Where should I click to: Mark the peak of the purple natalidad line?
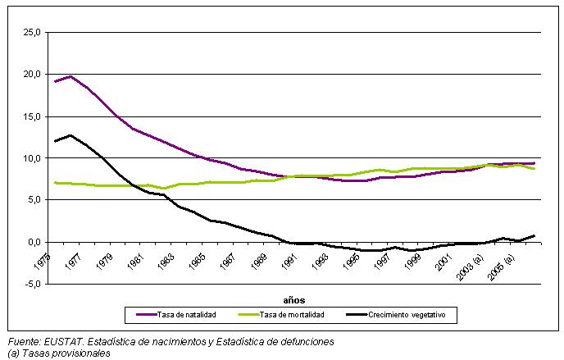[70, 76]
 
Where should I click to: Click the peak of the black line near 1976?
[70, 135]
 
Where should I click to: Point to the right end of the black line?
[534, 235]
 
